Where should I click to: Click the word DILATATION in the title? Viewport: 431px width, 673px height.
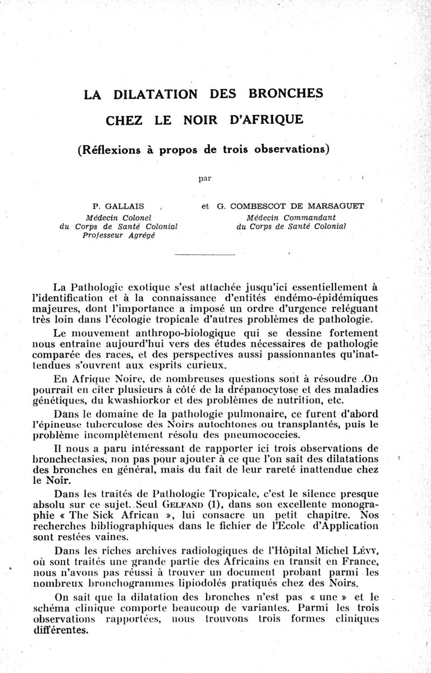click(156, 95)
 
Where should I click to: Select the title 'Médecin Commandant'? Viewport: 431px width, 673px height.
click(291, 218)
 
